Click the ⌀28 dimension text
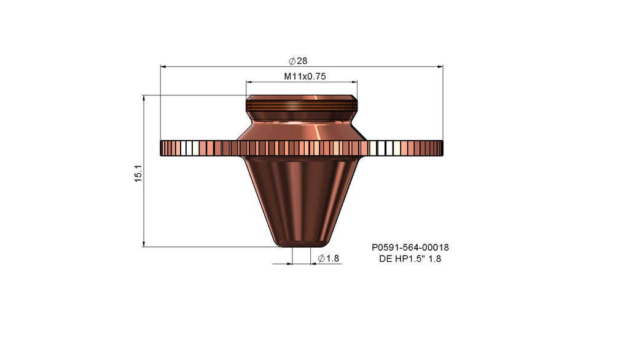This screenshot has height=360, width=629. tap(298, 61)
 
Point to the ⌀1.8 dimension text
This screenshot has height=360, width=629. tap(329, 259)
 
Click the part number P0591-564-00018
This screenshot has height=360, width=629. tap(410, 248)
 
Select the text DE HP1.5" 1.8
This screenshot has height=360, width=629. tap(410, 259)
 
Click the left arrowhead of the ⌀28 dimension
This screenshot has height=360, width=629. tap(163, 66)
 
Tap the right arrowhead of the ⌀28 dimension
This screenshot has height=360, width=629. tap(440, 66)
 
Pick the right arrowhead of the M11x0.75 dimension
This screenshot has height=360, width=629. tap(354, 82)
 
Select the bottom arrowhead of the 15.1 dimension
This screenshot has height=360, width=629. tap(143, 245)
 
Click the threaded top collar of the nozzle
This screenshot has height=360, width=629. tap(301, 108)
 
